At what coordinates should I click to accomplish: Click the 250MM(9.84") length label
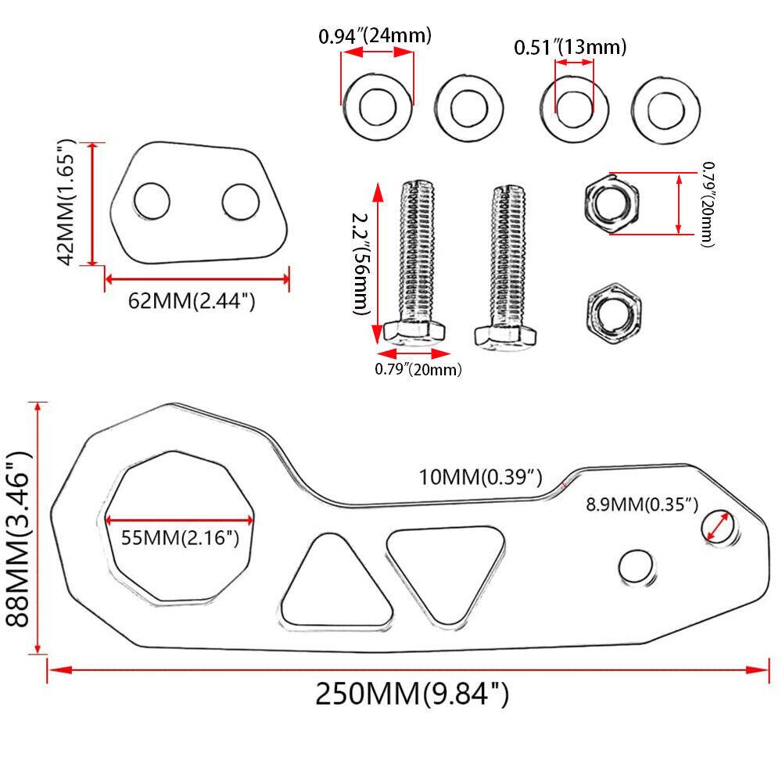coord(411,694)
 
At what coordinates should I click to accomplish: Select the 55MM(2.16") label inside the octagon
coord(180,538)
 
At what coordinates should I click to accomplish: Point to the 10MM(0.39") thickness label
coord(479,478)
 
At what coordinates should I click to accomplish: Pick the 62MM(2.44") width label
coord(192,300)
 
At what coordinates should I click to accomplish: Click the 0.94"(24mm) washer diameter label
coord(375,35)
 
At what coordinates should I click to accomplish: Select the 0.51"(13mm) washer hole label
coord(570,47)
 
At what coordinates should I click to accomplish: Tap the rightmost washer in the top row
coord(666,107)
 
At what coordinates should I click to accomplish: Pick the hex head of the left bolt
coord(414,333)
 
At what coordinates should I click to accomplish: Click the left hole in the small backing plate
coord(152,202)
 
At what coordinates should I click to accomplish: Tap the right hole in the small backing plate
coord(240,202)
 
